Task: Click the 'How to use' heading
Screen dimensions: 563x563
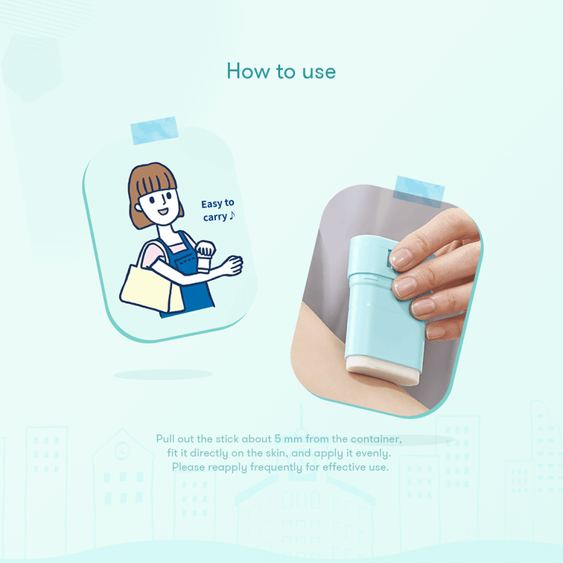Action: (281, 71)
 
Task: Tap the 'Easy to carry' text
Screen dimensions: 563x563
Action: (217, 210)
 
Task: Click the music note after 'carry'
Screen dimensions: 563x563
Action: (232, 215)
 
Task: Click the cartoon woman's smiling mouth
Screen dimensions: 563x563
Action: (163, 211)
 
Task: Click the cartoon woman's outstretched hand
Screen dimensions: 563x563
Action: (232, 265)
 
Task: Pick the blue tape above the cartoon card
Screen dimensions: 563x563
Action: (154, 130)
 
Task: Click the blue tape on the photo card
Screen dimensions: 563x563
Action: (419, 191)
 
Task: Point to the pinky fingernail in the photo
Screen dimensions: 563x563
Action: (435, 333)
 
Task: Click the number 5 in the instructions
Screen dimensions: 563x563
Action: (278, 439)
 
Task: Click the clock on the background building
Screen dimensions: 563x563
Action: (122, 451)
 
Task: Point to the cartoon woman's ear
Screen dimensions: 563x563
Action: (138, 208)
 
